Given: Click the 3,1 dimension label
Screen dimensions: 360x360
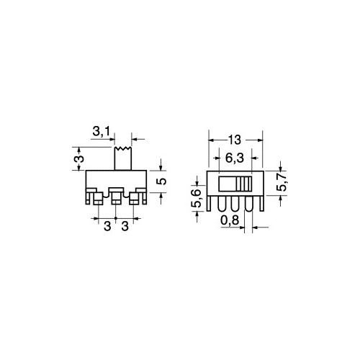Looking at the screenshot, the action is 101,132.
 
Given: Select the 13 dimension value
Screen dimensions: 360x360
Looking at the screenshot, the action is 234,140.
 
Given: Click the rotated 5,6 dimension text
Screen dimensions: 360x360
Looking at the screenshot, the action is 196,198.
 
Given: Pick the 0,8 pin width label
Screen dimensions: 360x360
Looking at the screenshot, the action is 230,220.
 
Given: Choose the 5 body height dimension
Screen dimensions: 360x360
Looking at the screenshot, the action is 163,181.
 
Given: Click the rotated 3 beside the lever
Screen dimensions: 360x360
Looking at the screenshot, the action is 81,158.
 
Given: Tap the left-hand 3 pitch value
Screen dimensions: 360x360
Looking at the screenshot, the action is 107,226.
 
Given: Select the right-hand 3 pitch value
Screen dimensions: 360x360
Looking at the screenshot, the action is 125,226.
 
